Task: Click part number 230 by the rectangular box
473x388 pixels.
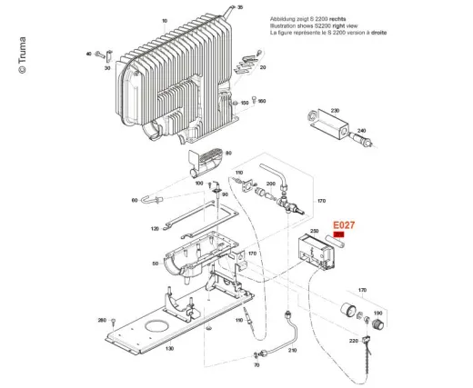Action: click(335, 110)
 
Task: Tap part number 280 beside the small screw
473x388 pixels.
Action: click(102, 321)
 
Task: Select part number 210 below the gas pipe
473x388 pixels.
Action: click(292, 350)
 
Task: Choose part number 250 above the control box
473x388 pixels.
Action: click(315, 233)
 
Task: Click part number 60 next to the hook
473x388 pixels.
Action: click(134, 200)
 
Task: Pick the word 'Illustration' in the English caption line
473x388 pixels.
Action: click(285, 25)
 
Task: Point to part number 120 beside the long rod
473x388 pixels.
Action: click(154, 228)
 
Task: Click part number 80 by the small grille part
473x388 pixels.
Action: click(228, 153)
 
